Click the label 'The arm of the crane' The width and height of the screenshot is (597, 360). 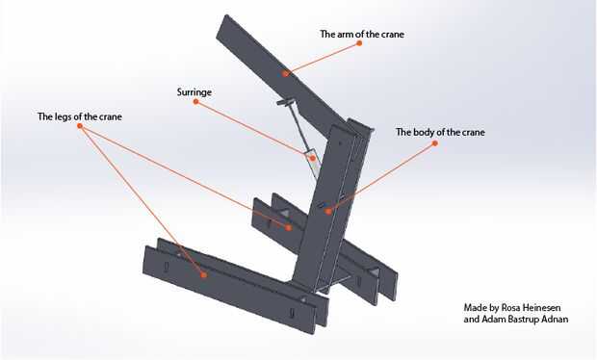coord(362,35)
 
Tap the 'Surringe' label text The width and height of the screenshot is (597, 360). coord(195,92)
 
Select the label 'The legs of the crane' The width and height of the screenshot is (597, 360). coord(80,116)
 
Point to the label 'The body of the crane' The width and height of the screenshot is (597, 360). coord(440,132)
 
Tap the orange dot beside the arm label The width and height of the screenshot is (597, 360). coord(359,43)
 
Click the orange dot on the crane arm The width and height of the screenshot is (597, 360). coord(286,73)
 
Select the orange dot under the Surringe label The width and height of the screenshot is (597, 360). coord(195,102)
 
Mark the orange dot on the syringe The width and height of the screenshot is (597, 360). coord(313,158)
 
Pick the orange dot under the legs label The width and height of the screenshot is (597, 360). coord(80,126)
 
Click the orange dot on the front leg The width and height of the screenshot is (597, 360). coord(204,274)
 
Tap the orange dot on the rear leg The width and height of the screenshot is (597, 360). coord(289,228)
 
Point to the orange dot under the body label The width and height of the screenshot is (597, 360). coord(435,143)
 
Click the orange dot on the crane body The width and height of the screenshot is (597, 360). coord(328,211)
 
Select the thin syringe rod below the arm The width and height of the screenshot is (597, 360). coord(298,126)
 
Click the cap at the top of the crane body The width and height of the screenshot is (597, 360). coord(360,125)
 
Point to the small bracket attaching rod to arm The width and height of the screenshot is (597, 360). coord(285,102)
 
